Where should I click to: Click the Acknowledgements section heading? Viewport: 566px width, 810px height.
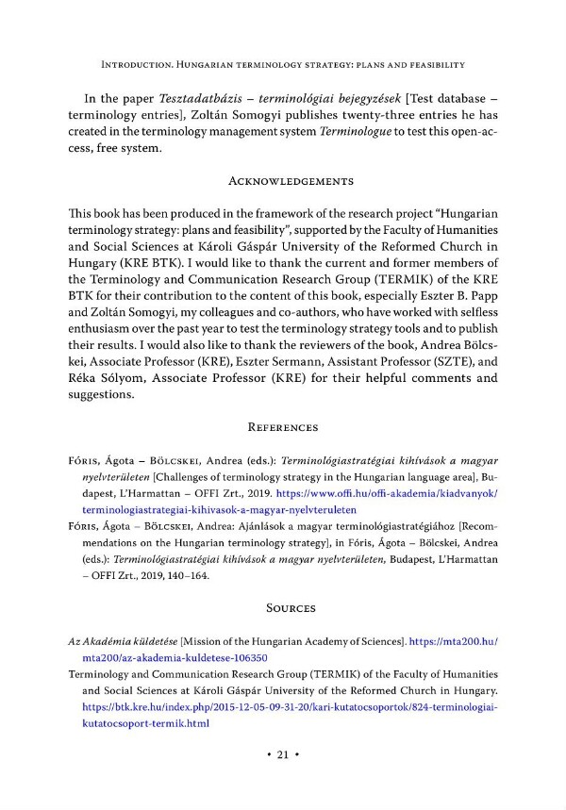[x=283, y=181]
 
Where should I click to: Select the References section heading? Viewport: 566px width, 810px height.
[x=283, y=427]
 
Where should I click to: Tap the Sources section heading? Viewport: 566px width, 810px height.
[x=283, y=609]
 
